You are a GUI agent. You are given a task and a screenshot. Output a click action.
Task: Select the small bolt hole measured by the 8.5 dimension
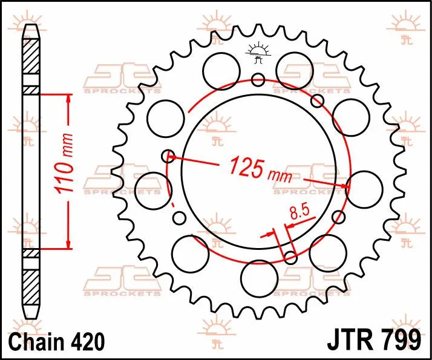coord(290,258)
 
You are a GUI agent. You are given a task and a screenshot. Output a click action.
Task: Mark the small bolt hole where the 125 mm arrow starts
coord(169,156)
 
